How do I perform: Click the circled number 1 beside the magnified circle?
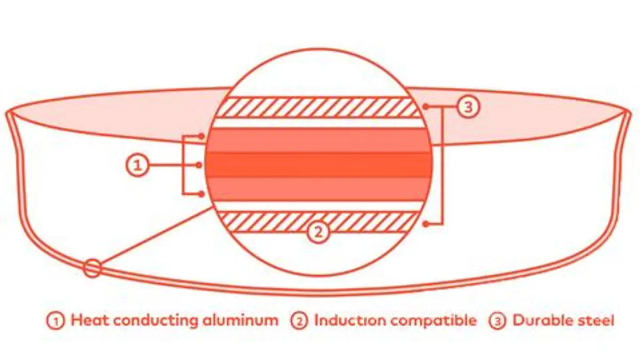pos(137,165)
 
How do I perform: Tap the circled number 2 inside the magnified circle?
pos(318,232)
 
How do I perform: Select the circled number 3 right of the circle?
pos(468,107)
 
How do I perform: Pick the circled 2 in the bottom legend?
pos(300,321)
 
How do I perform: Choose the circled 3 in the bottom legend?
pos(498,321)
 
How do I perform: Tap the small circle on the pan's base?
pos(92,268)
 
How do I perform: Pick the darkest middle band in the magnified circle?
pos(319,165)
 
